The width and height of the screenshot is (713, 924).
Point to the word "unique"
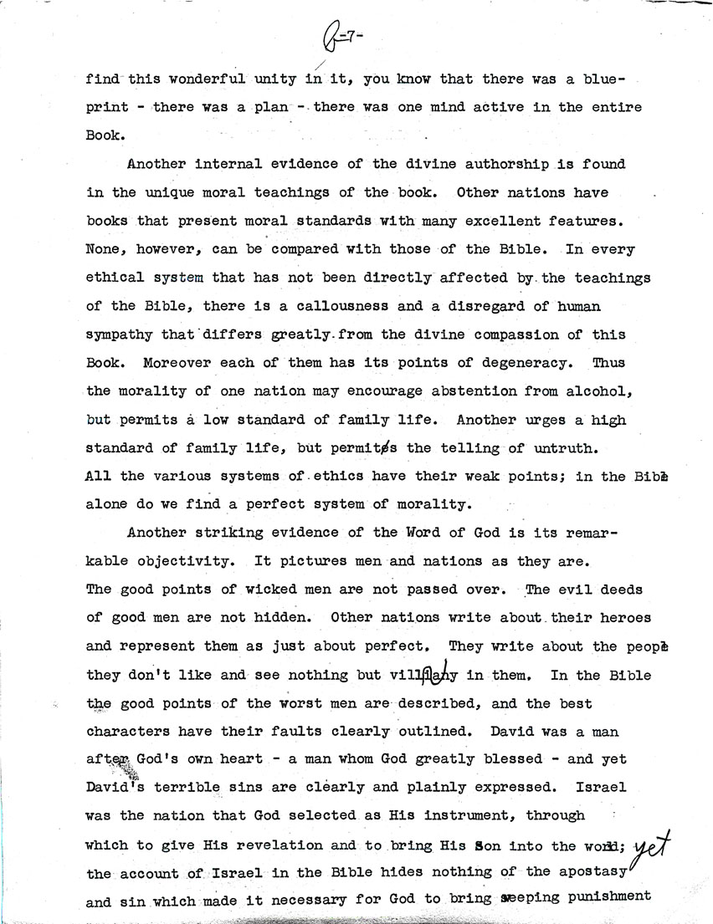coord(164,192)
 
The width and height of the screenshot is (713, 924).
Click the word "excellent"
coord(525,221)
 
